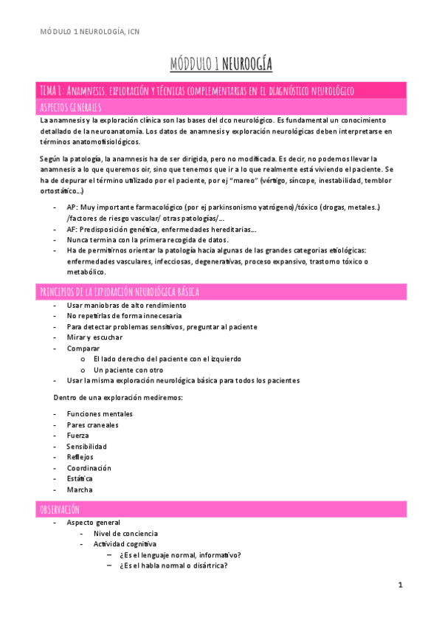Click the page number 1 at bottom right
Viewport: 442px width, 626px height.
[399, 585]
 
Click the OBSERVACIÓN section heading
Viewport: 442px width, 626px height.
[59, 509]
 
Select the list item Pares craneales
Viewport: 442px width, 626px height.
[92, 425]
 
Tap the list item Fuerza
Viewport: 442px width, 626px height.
[77, 436]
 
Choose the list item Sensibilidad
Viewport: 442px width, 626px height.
[87, 447]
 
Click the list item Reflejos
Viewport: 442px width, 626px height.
[80, 457]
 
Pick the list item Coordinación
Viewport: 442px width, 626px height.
[89, 468]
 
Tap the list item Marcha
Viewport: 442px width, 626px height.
[80, 489]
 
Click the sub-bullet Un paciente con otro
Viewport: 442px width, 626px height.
[128, 370]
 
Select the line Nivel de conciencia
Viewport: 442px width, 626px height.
[125, 533]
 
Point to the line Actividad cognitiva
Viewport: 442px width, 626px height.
[125, 544]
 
